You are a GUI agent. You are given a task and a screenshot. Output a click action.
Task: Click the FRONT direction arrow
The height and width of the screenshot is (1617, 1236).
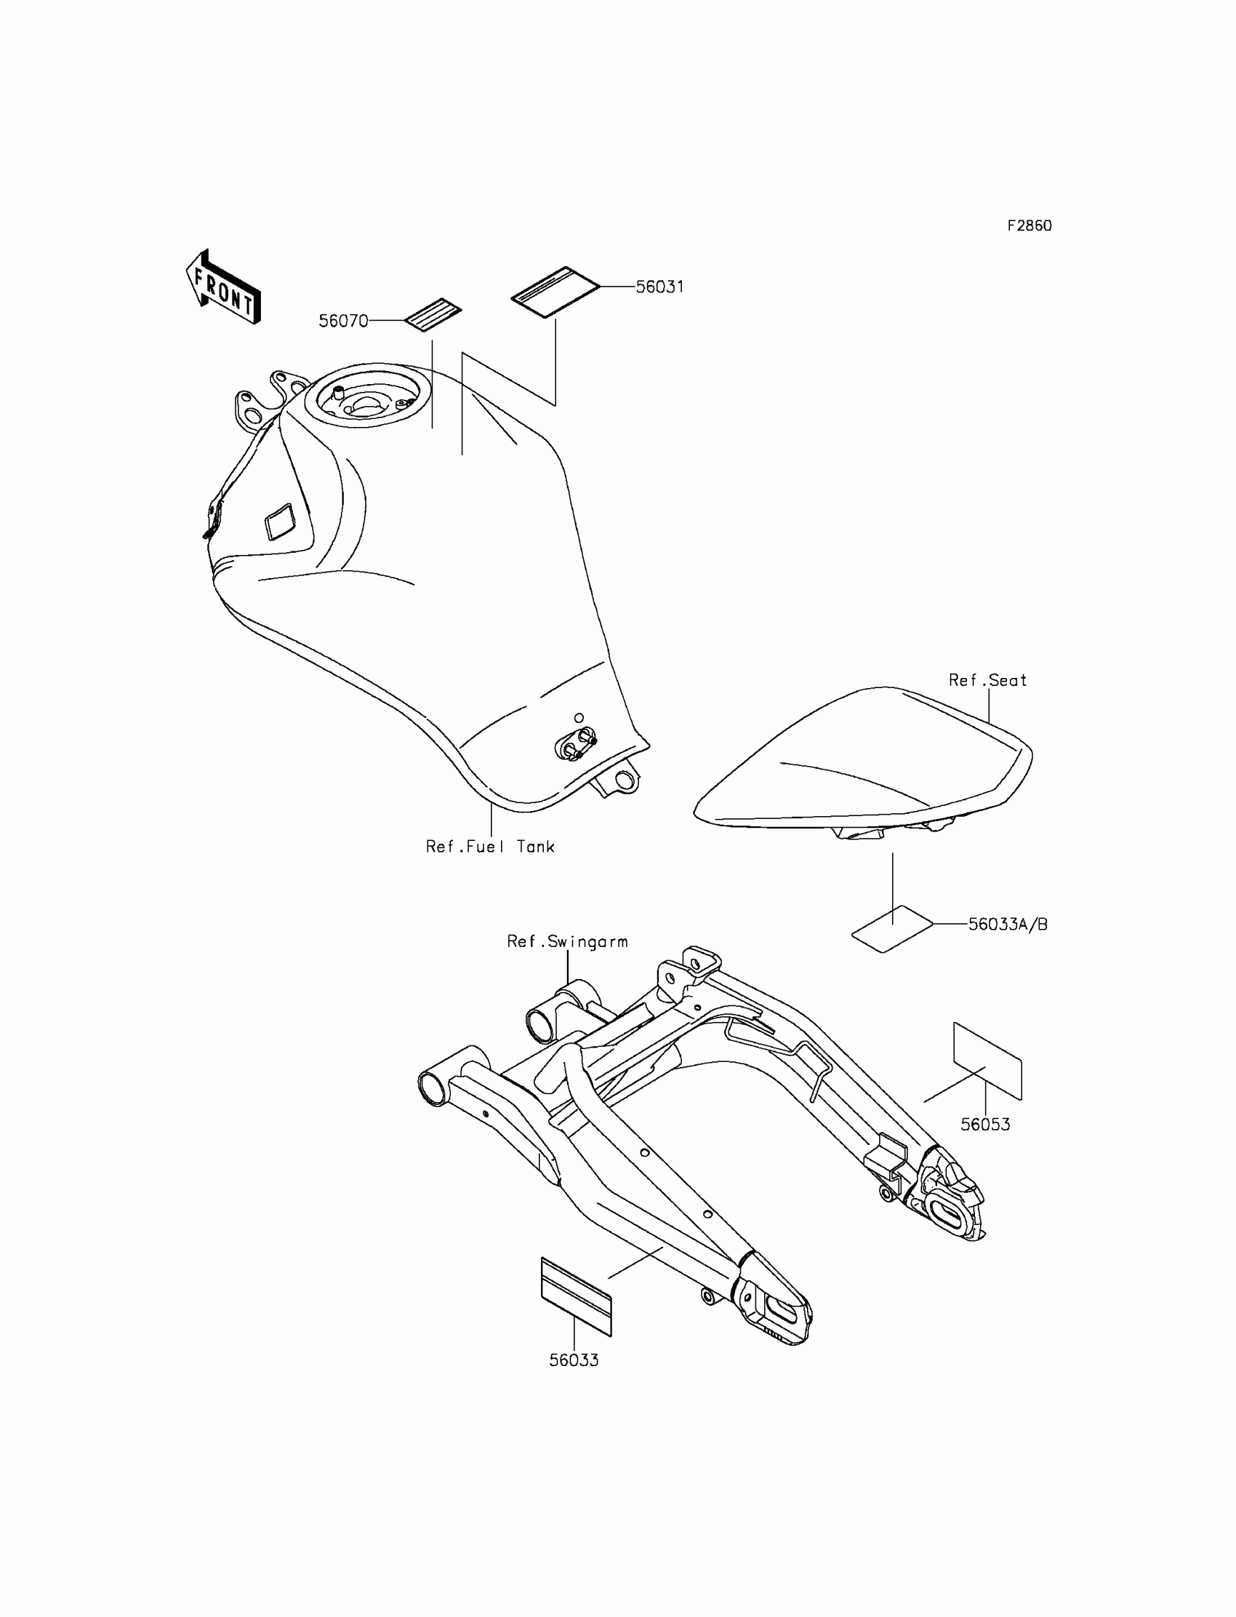[x=224, y=289]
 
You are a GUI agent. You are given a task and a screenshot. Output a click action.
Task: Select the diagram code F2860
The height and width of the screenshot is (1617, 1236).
[x=1030, y=226]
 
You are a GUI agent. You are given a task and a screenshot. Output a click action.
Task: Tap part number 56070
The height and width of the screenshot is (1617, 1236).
[x=343, y=321]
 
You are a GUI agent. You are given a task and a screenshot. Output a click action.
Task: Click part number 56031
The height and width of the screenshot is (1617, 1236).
[x=660, y=287]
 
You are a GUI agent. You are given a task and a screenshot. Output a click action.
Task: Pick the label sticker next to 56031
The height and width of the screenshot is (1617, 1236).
[x=555, y=292]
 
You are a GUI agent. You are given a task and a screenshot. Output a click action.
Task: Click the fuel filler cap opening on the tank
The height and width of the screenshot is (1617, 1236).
[x=372, y=400]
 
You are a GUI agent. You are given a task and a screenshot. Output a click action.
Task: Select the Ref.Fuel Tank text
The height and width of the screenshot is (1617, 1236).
[x=490, y=847]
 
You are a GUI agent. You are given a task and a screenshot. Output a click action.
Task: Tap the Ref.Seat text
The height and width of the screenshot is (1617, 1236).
[x=987, y=681]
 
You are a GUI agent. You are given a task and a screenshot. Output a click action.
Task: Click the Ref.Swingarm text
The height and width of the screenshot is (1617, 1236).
[x=567, y=942]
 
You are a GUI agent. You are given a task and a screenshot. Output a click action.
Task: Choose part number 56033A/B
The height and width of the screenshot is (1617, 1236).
[x=1008, y=925]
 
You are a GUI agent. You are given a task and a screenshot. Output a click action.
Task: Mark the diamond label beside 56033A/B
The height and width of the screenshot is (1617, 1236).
[x=892, y=929]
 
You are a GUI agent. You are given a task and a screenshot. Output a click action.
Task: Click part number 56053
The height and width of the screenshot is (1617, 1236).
[x=985, y=1125]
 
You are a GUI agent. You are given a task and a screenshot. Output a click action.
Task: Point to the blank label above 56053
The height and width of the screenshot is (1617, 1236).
[x=987, y=1061]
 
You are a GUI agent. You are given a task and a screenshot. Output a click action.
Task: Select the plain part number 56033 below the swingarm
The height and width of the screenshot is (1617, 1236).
[x=574, y=1361]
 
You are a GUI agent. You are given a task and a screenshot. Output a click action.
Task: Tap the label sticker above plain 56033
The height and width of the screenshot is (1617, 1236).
[x=576, y=1297]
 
